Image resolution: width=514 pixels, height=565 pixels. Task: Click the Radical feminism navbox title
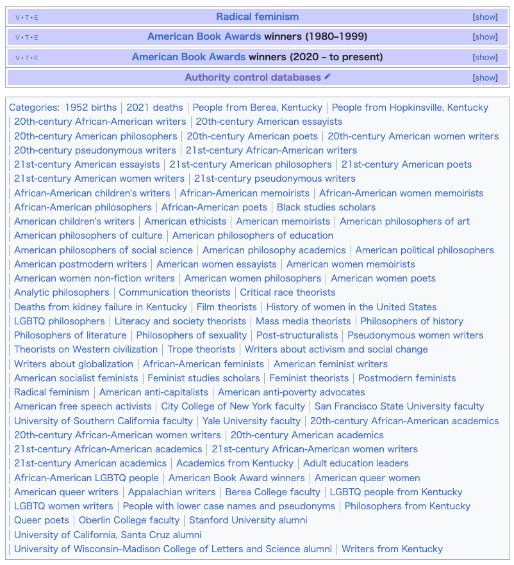pos(257,17)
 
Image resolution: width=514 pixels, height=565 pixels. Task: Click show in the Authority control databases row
pos(485,78)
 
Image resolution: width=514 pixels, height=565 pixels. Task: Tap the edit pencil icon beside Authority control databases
pos(327,77)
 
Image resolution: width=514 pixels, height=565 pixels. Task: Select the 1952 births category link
pos(90,107)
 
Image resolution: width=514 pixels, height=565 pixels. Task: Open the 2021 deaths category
pos(154,107)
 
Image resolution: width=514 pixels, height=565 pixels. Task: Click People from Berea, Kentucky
pos(257,107)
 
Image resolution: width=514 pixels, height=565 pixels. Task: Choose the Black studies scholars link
pos(326,207)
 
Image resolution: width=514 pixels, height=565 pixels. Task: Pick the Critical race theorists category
pos(287,292)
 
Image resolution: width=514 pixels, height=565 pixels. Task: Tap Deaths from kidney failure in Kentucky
pos(101,307)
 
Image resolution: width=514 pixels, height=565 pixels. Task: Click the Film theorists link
pos(226,307)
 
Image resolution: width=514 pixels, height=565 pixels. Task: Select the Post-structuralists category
pos(297,335)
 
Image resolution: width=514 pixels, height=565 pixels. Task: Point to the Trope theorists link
pos(201,349)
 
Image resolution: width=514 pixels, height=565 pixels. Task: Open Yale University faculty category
pos(251,421)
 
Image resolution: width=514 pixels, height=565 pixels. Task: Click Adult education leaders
pos(356,463)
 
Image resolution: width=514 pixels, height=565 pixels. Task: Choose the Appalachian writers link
pos(172,492)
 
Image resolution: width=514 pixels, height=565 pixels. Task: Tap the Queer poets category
pos(42,520)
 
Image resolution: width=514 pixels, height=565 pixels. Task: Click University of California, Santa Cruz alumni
pos(108,535)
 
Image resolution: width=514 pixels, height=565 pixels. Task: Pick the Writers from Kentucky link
pos(392,549)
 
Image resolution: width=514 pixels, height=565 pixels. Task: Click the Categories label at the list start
pos(33,107)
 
